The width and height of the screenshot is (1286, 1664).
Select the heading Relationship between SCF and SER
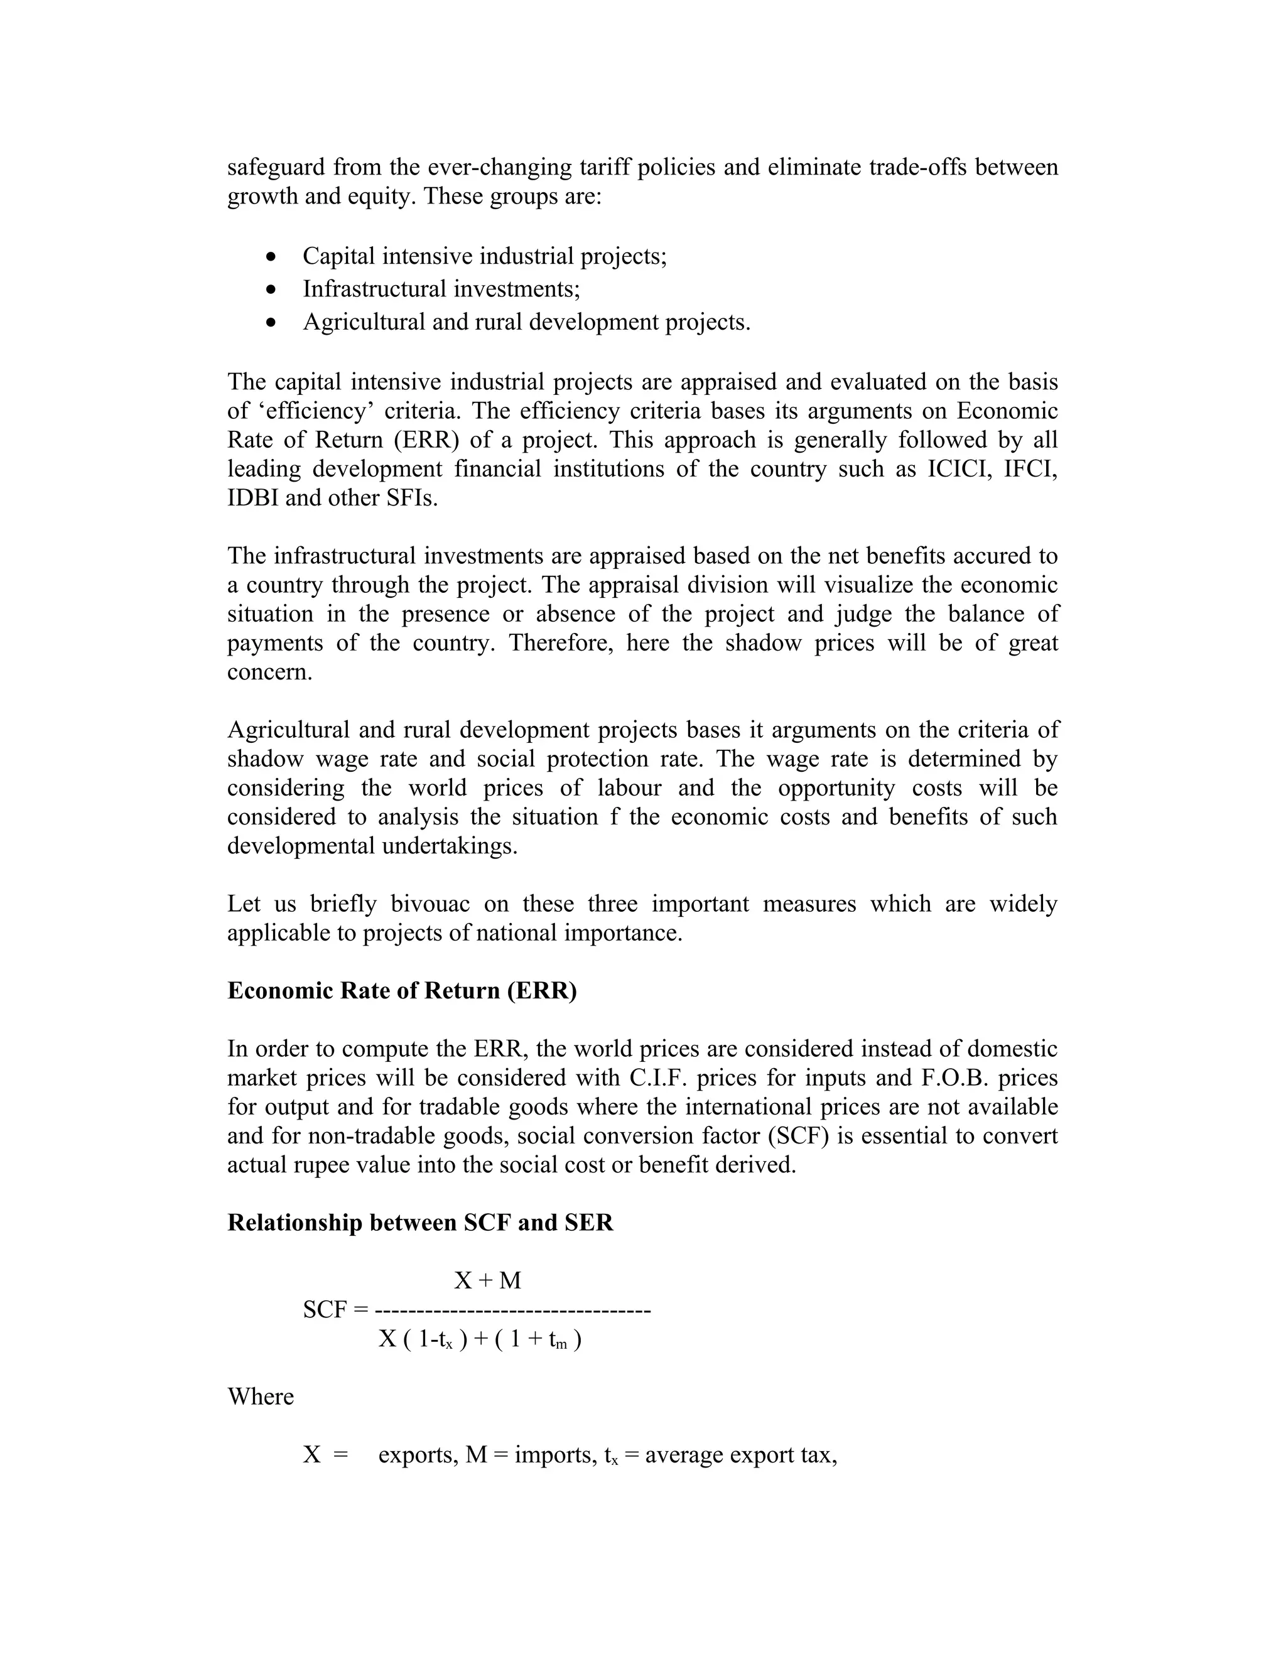click(421, 1222)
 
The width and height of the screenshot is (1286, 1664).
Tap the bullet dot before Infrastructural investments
click(272, 289)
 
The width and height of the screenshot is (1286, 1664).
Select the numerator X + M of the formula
click(487, 1280)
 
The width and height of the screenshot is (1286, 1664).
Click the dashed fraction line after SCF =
click(513, 1310)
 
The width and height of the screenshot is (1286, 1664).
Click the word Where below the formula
click(261, 1397)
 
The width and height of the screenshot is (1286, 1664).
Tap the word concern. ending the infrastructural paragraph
click(269, 672)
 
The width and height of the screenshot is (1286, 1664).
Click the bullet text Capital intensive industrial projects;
click(485, 256)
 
